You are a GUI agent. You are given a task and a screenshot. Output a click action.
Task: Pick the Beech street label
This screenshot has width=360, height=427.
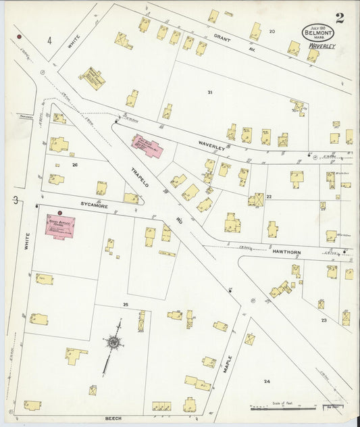click(113, 418)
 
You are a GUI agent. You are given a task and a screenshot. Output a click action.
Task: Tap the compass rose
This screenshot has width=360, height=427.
click(113, 343)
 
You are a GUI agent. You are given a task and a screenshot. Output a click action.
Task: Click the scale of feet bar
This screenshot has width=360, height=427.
click(284, 408)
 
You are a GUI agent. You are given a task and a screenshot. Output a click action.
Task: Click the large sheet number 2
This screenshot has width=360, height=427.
click(338, 18)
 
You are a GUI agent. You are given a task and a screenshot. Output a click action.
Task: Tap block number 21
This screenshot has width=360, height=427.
click(210, 92)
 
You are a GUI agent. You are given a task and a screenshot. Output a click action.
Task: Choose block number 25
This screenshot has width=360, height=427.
click(125, 305)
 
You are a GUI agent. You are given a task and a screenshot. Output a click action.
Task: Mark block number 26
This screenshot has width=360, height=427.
click(75, 165)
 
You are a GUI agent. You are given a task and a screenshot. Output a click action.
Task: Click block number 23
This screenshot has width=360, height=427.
click(324, 320)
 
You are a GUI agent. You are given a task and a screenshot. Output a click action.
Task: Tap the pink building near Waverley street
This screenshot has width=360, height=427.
click(147, 145)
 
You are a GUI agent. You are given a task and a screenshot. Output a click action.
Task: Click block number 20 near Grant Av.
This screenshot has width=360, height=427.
click(272, 31)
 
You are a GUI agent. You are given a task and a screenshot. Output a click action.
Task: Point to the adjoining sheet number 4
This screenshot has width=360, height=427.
click(49, 41)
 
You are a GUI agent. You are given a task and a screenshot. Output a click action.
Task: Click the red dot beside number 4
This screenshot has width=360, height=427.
click(20, 36)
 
